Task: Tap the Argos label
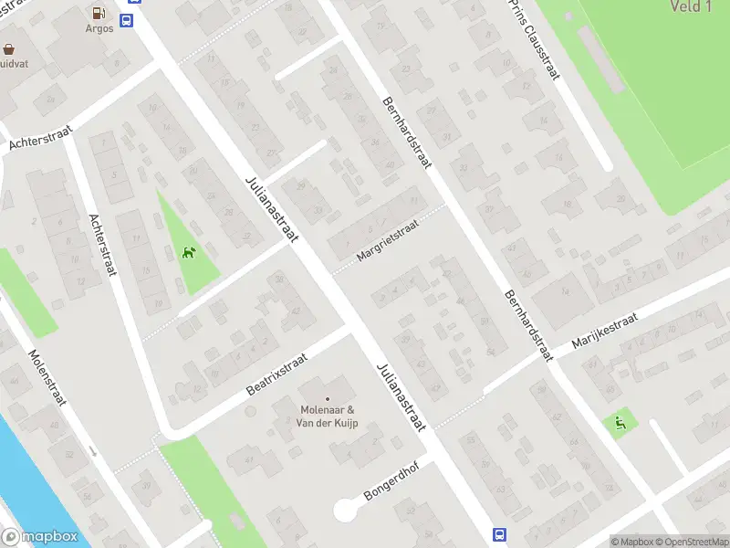99,29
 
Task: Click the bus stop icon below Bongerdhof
499,534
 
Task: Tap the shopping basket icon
9,49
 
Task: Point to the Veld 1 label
690,7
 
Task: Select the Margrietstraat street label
387,239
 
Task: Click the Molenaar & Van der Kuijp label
328,416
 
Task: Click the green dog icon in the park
189,253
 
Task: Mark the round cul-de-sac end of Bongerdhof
347,510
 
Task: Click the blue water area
27,475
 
